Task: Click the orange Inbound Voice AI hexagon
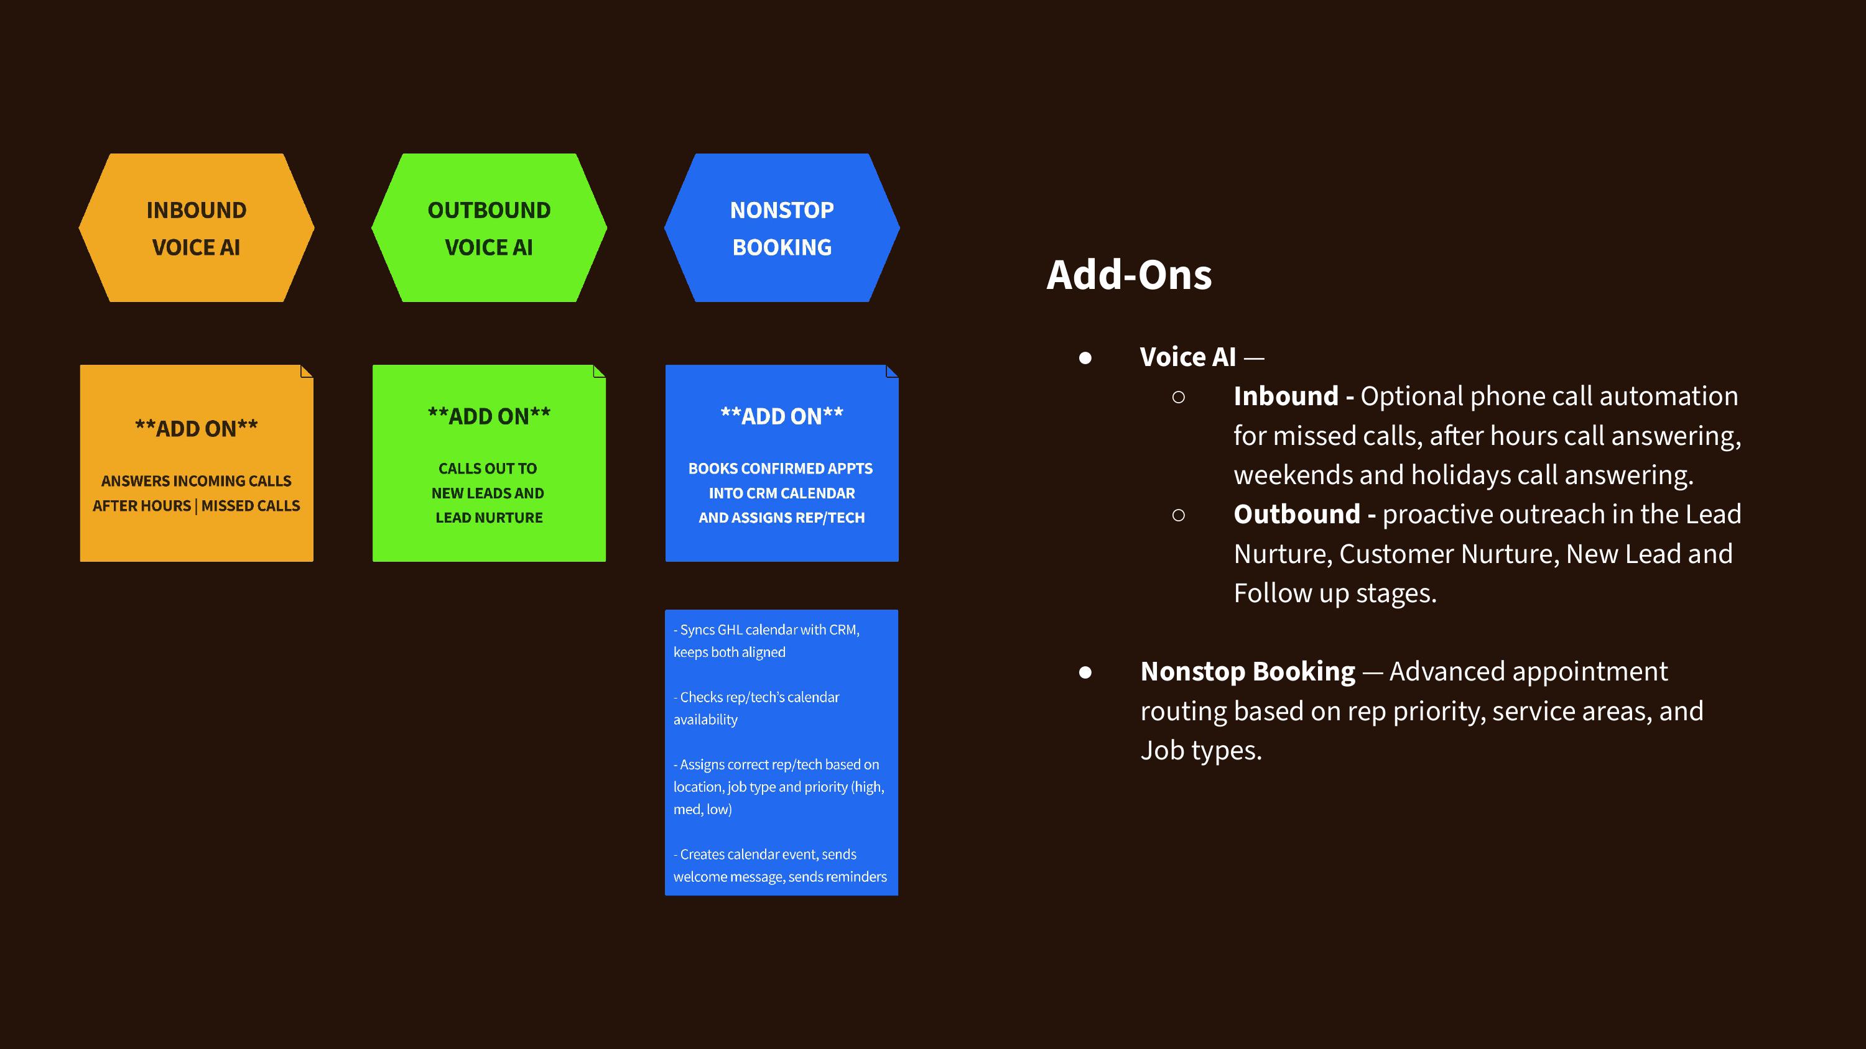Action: click(197, 227)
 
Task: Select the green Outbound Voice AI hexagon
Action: click(489, 227)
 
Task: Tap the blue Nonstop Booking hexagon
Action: click(782, 227)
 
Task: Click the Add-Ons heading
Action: click(1128, 275)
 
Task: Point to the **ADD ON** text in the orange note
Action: click(197, 429)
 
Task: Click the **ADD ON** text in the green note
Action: click(489, 416)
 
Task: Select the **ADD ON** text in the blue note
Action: click(782, 416)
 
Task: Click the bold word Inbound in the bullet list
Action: click(1286, 396)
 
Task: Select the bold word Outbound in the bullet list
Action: click(1297, 514)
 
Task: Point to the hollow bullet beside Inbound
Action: click(1179, 396)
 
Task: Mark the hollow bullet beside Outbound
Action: click(1179, 515)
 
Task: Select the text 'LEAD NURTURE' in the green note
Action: click(489, 518)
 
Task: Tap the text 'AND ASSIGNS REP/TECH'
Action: click(782, 518)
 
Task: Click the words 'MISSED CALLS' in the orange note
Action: click(251, 506)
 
